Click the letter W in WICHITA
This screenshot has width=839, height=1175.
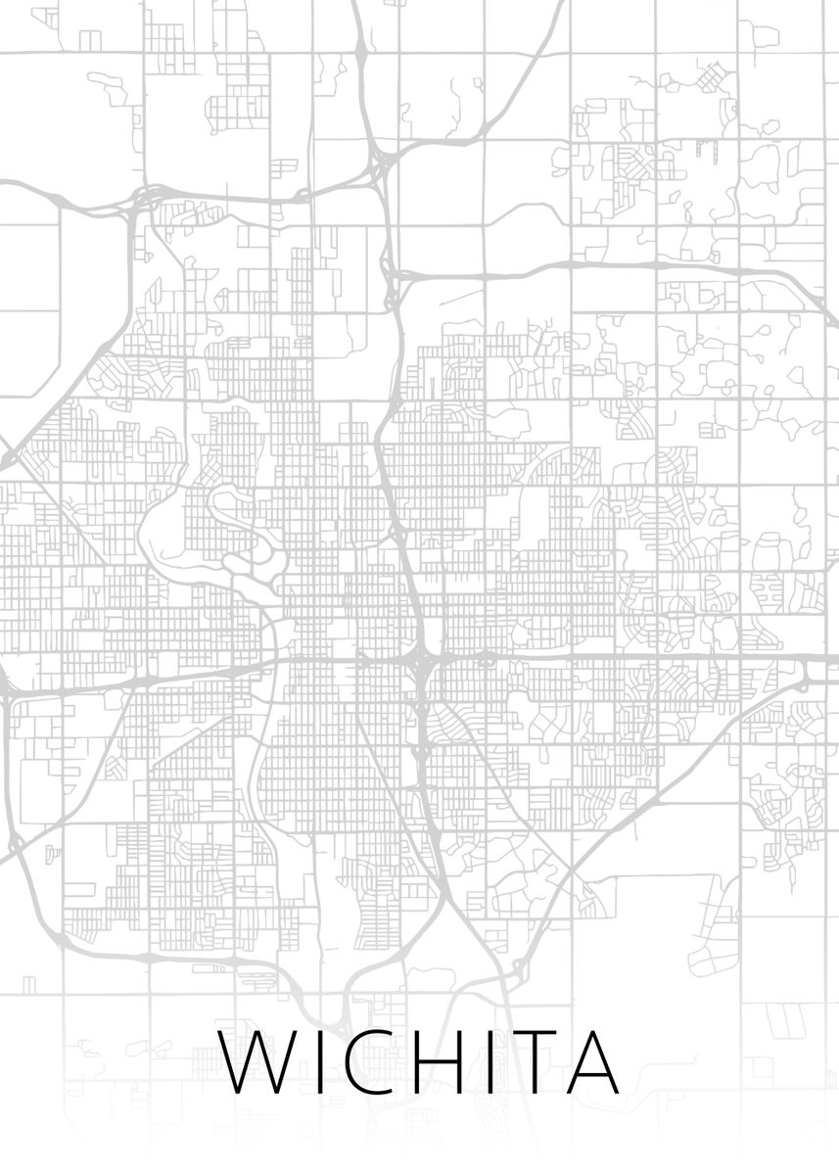pyautogui.click(x=256, y=1062)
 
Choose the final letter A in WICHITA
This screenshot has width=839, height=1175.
pyautogui.click(x=589, y=1062)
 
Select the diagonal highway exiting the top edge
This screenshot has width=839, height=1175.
pyautogui.click(x=529, y=59)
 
